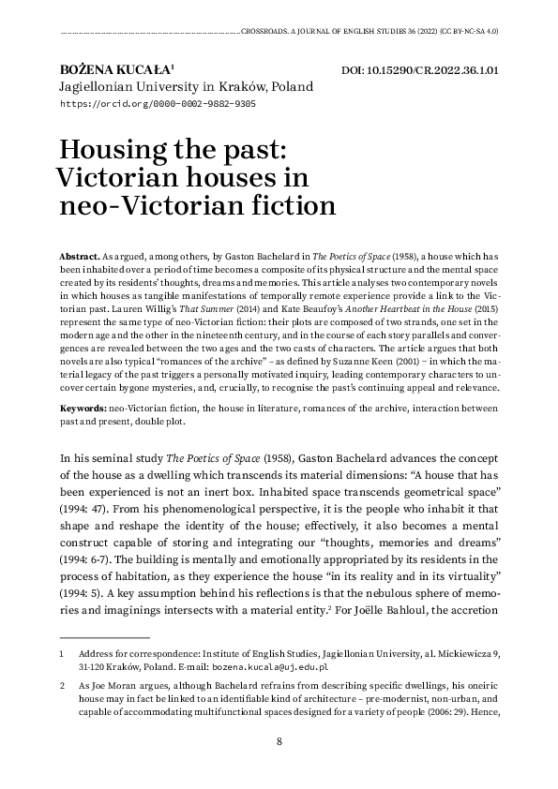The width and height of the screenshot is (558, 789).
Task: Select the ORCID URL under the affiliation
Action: (x=157, y=104)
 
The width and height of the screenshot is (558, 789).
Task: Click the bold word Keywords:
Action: (x=83, y=409)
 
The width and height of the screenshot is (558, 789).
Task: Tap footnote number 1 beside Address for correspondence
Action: (x=61, y=653)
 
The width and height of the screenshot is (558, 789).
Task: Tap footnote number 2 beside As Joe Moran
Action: (x=61, y=685)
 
